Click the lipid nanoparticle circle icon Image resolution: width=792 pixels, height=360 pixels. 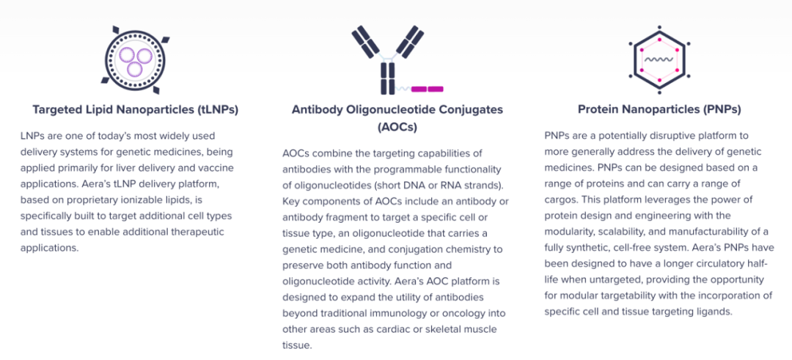coord(135,59)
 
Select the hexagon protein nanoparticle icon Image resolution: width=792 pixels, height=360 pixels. coord(659,59)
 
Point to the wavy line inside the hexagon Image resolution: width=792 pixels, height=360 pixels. coord(659,59)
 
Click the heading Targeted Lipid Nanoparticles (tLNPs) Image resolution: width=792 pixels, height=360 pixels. coord(136,109)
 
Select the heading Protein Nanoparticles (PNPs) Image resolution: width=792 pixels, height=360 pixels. coord(659,109)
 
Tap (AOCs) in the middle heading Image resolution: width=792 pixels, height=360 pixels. coord(397,128)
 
